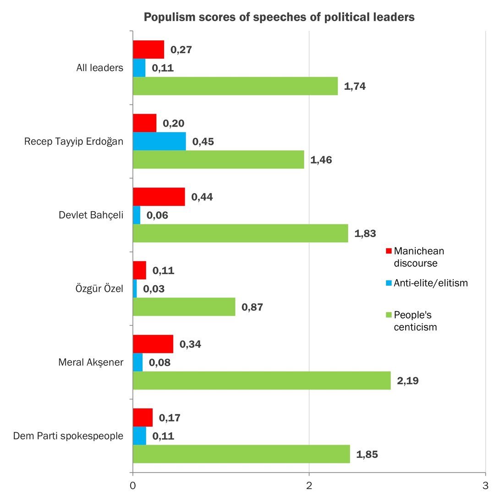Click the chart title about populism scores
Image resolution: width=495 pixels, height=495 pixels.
279,17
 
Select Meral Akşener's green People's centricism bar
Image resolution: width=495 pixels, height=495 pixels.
261,380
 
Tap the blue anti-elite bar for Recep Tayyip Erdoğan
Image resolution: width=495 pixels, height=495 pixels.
159,141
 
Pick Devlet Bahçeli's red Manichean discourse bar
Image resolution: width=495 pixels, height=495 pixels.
159,197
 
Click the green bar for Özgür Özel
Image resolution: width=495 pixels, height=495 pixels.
184,307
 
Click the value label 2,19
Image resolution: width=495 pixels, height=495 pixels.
407,380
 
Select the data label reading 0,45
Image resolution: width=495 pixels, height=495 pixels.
203,141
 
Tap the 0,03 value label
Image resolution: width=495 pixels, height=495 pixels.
154,289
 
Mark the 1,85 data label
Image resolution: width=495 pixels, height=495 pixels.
367,454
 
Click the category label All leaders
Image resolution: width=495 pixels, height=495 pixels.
100,68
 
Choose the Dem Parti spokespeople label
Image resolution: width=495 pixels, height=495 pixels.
68,435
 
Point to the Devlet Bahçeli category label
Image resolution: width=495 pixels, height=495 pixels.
91,215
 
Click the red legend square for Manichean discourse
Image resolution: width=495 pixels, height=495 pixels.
389,251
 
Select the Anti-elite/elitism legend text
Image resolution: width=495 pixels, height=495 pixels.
431,283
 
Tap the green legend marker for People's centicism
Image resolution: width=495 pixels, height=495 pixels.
389,315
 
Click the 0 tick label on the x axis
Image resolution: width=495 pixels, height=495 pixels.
132,485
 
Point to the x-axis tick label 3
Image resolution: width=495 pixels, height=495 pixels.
485,485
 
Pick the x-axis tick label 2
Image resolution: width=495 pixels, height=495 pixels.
309,485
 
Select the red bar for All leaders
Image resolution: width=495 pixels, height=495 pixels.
148,49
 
